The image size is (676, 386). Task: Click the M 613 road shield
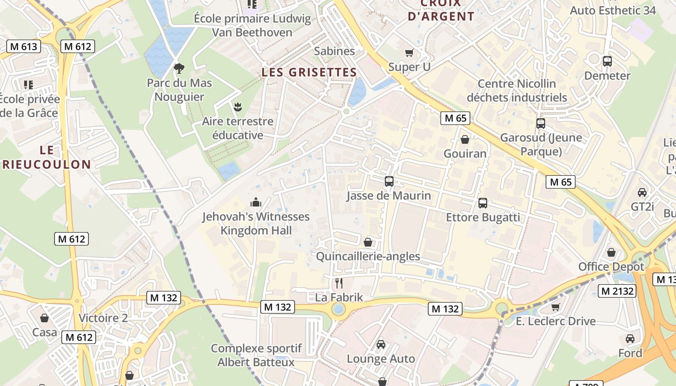[23, 46]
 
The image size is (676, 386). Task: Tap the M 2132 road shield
[618, 291]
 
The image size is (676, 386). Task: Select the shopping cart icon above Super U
[409, 53]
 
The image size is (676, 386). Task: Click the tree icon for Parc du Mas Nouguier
[179, 69]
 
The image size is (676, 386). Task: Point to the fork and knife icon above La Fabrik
[339, 283]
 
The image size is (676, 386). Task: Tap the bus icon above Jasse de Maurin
[389, 181]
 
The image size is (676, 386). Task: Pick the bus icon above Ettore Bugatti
[482, 203]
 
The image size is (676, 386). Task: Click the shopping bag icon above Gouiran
[465, 139]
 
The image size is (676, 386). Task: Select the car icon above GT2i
[642, 193]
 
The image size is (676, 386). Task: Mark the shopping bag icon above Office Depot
[611, 252]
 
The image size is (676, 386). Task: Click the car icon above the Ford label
[630, 339]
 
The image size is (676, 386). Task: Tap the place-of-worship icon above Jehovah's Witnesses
[256, 202]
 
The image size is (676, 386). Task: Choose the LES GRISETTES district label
[309, 72]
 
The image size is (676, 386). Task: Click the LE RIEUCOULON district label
[46, 157]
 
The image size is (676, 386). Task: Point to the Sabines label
[334, 51]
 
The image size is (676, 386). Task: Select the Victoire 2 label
[103, 318]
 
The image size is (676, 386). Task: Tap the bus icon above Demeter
[607, 61]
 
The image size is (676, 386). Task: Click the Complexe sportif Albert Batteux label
[256, 355]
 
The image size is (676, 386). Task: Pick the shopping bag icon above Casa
[44, 318]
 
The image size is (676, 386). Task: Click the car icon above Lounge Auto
[381, 344]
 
